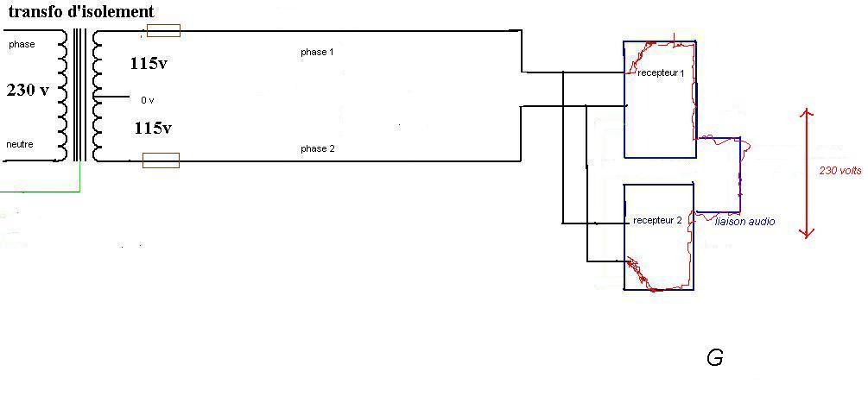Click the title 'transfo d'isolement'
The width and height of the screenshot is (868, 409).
(81, 11)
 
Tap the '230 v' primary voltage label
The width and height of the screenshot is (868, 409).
(28, 90)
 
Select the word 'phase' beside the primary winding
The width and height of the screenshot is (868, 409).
(22, 45)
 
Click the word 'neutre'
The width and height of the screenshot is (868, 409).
(20, 144)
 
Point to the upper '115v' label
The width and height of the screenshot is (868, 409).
(149, 64)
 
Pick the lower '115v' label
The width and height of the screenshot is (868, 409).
(153, 129)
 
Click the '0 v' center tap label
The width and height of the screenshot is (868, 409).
(147, 101)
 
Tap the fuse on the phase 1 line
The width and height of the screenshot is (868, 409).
(164, 30)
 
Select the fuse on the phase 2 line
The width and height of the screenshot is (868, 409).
(162, 160)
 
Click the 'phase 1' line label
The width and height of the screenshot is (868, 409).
(317, 53)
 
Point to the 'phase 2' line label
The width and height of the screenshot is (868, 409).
(317, 149)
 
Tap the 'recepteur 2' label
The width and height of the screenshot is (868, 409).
(657, 221)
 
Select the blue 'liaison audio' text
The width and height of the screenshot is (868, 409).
(744, 222)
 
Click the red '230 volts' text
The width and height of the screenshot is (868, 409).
(840, 171)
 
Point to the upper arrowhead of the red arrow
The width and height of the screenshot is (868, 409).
(807, 112)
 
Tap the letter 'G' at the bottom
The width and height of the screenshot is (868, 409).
(714, 358)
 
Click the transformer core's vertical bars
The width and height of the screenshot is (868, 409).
(80, 94)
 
